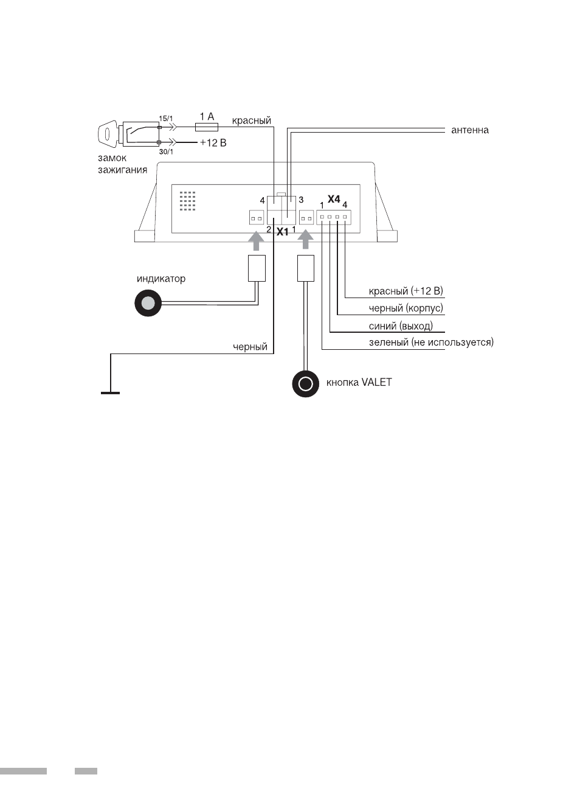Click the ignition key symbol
(x=108, y=134)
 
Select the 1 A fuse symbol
(x=206, y=127)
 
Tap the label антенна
(x=469, y=130)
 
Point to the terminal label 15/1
(x=166, y=119)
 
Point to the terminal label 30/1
(x=166, y=152)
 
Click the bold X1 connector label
(x=282, y=232)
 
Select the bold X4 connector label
(x=334, y=199)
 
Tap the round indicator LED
(x=148, y=303)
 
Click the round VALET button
(x=306, y=383)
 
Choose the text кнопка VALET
(x=359, y=382)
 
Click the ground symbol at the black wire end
(x=111, y=392)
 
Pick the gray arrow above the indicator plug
(x=256, y=240)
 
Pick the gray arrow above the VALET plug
(x=306, y=240)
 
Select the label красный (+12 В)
(x=406, y=291)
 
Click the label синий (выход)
(x=401, y=326)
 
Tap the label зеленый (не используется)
(x=431, y=342)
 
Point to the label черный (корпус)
(x=406, y=308)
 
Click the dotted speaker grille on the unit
(x=187, y=201)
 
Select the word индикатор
(x=161, y=279)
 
